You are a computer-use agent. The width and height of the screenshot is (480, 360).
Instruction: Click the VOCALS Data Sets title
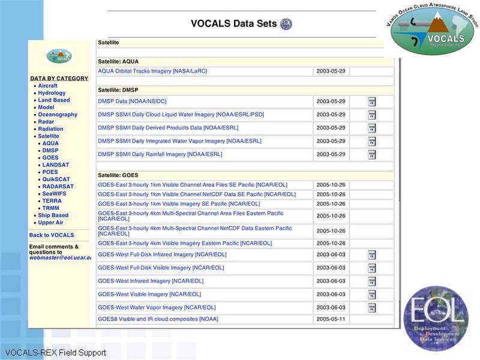(x=233, y=24)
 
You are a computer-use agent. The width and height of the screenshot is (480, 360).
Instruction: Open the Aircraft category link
(x=47, y=86)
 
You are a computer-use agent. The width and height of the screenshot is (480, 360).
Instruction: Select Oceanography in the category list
(x=58, y=115)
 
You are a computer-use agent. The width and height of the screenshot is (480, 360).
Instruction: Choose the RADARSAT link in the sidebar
(x=58, y=187)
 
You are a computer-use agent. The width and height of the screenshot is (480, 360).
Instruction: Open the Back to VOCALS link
(x=52, y=235)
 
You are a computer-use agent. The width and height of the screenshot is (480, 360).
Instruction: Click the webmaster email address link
(x=60, y=257)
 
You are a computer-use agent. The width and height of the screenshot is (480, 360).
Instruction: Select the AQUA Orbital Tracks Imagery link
(x=152, y=71)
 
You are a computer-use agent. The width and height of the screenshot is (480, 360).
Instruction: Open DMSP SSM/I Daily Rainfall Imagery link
(x=160, y=154)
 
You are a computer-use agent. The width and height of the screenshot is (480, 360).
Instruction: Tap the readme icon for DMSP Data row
(x=372, y=101)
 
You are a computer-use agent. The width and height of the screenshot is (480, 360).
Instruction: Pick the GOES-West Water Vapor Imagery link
(x=157, y=307)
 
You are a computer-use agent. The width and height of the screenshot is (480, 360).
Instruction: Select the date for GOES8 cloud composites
(x=331, y=319)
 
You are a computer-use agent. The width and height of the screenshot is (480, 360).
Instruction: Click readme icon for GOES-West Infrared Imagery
(x=372, y=281)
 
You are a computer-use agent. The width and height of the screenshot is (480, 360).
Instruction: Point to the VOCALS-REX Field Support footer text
(x=55, y=353)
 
